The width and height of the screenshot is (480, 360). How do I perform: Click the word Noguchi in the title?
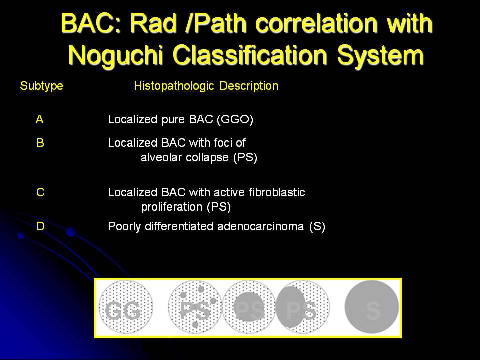click(116, 56)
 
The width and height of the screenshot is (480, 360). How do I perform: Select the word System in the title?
click(380, 56)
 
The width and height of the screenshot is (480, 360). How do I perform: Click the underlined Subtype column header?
click(41, 86)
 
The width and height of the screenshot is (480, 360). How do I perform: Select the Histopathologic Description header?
click(206, 86)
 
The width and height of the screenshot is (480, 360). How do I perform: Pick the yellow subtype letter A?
click(40, 119)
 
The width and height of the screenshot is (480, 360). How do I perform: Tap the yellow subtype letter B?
click(40, 143)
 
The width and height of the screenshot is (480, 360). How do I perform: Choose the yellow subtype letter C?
click(40, 192)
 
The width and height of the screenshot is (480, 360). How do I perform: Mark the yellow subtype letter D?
click(40, 226)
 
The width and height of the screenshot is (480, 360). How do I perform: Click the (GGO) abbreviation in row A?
click(235, 119)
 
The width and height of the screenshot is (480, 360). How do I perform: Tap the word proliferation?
click(172, 207)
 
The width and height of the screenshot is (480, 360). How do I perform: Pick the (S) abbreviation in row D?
click(317, 227)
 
